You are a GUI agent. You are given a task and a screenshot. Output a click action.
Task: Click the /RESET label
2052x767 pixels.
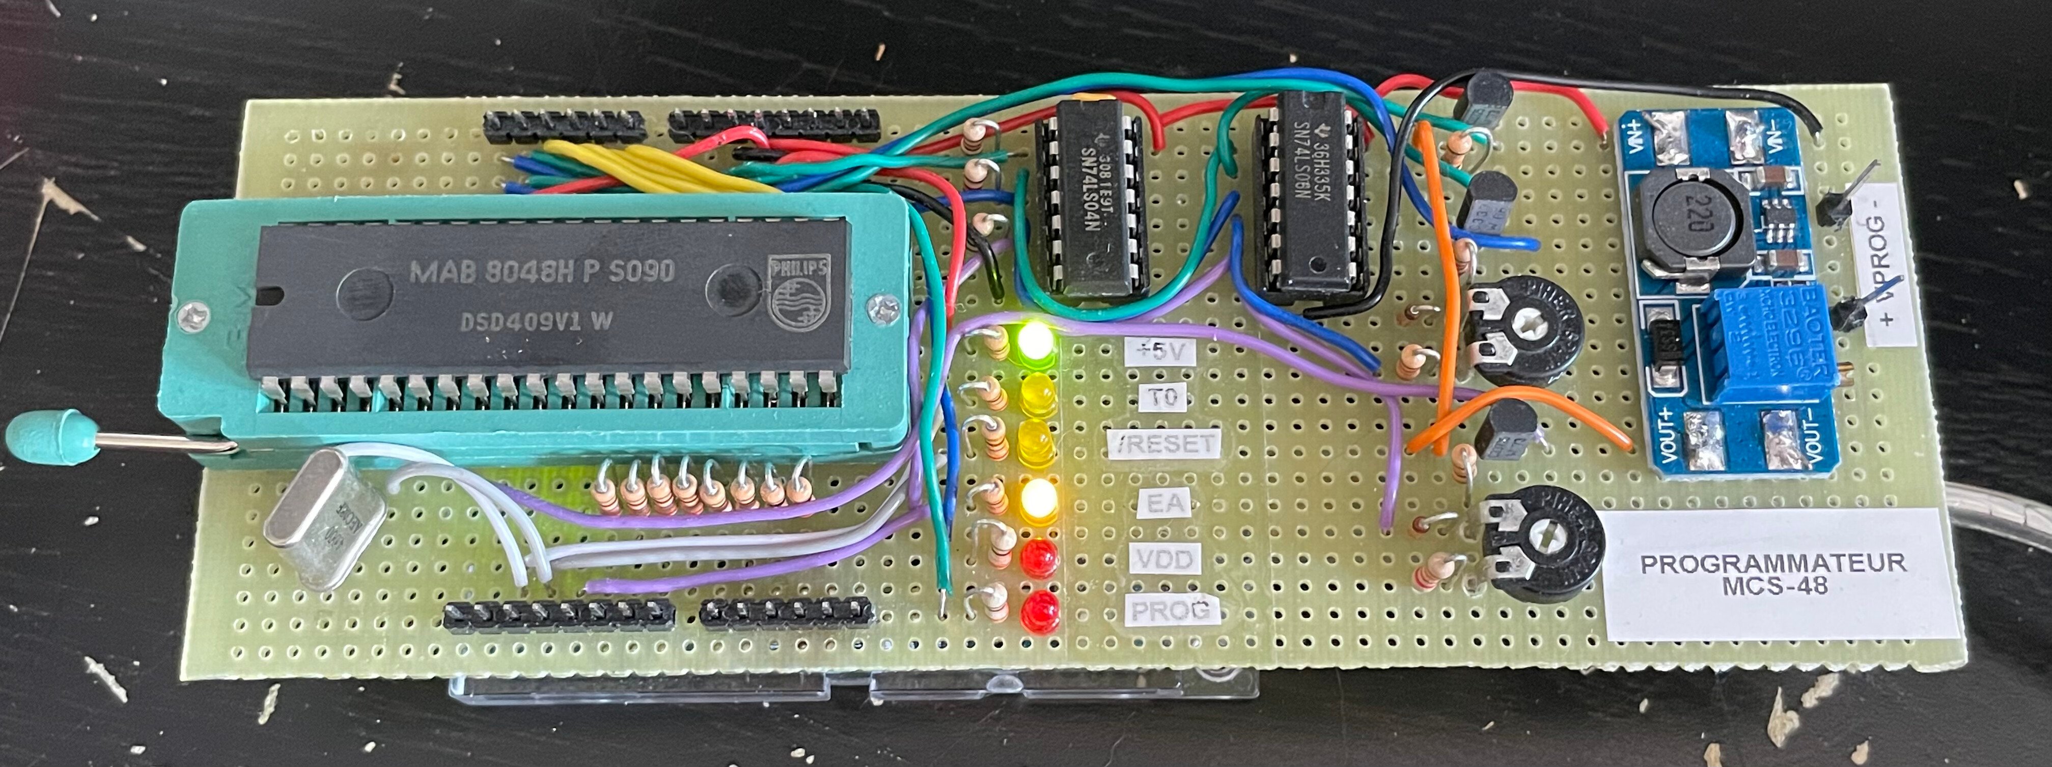tap(1164, 443)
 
